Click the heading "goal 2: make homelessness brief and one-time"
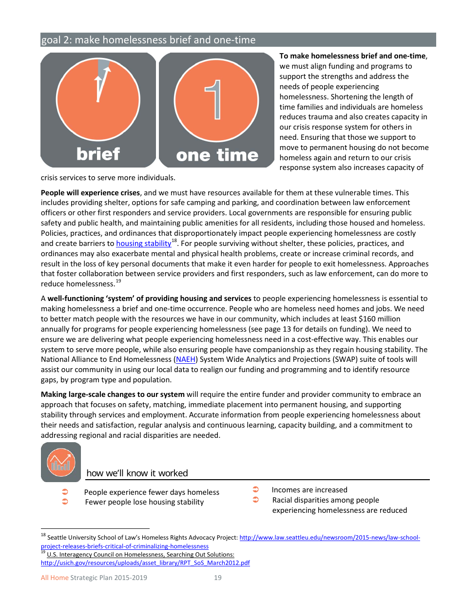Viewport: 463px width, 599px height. [x=148, y=40]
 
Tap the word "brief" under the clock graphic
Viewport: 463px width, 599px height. [x=98, y=154]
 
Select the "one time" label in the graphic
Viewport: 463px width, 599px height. [x=217, y=155]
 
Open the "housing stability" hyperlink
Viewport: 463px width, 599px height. [x=143, y=243]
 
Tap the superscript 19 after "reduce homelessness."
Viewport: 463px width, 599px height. [x=118, y=281]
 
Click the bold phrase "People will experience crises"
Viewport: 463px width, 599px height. [x=90, y=193]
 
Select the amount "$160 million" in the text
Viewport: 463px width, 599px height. [x=379, y=319]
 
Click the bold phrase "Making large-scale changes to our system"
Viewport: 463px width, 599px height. [x=113, y=394]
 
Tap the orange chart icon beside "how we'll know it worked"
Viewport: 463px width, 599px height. [x=61, y=462]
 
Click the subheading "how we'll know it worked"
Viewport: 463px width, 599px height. [x=137, y=473]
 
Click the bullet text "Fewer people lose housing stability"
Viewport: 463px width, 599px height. [x=144, y=502]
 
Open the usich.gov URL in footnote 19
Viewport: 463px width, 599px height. [x=145, y=563]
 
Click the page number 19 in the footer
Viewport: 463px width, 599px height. [x=217, y=578]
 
